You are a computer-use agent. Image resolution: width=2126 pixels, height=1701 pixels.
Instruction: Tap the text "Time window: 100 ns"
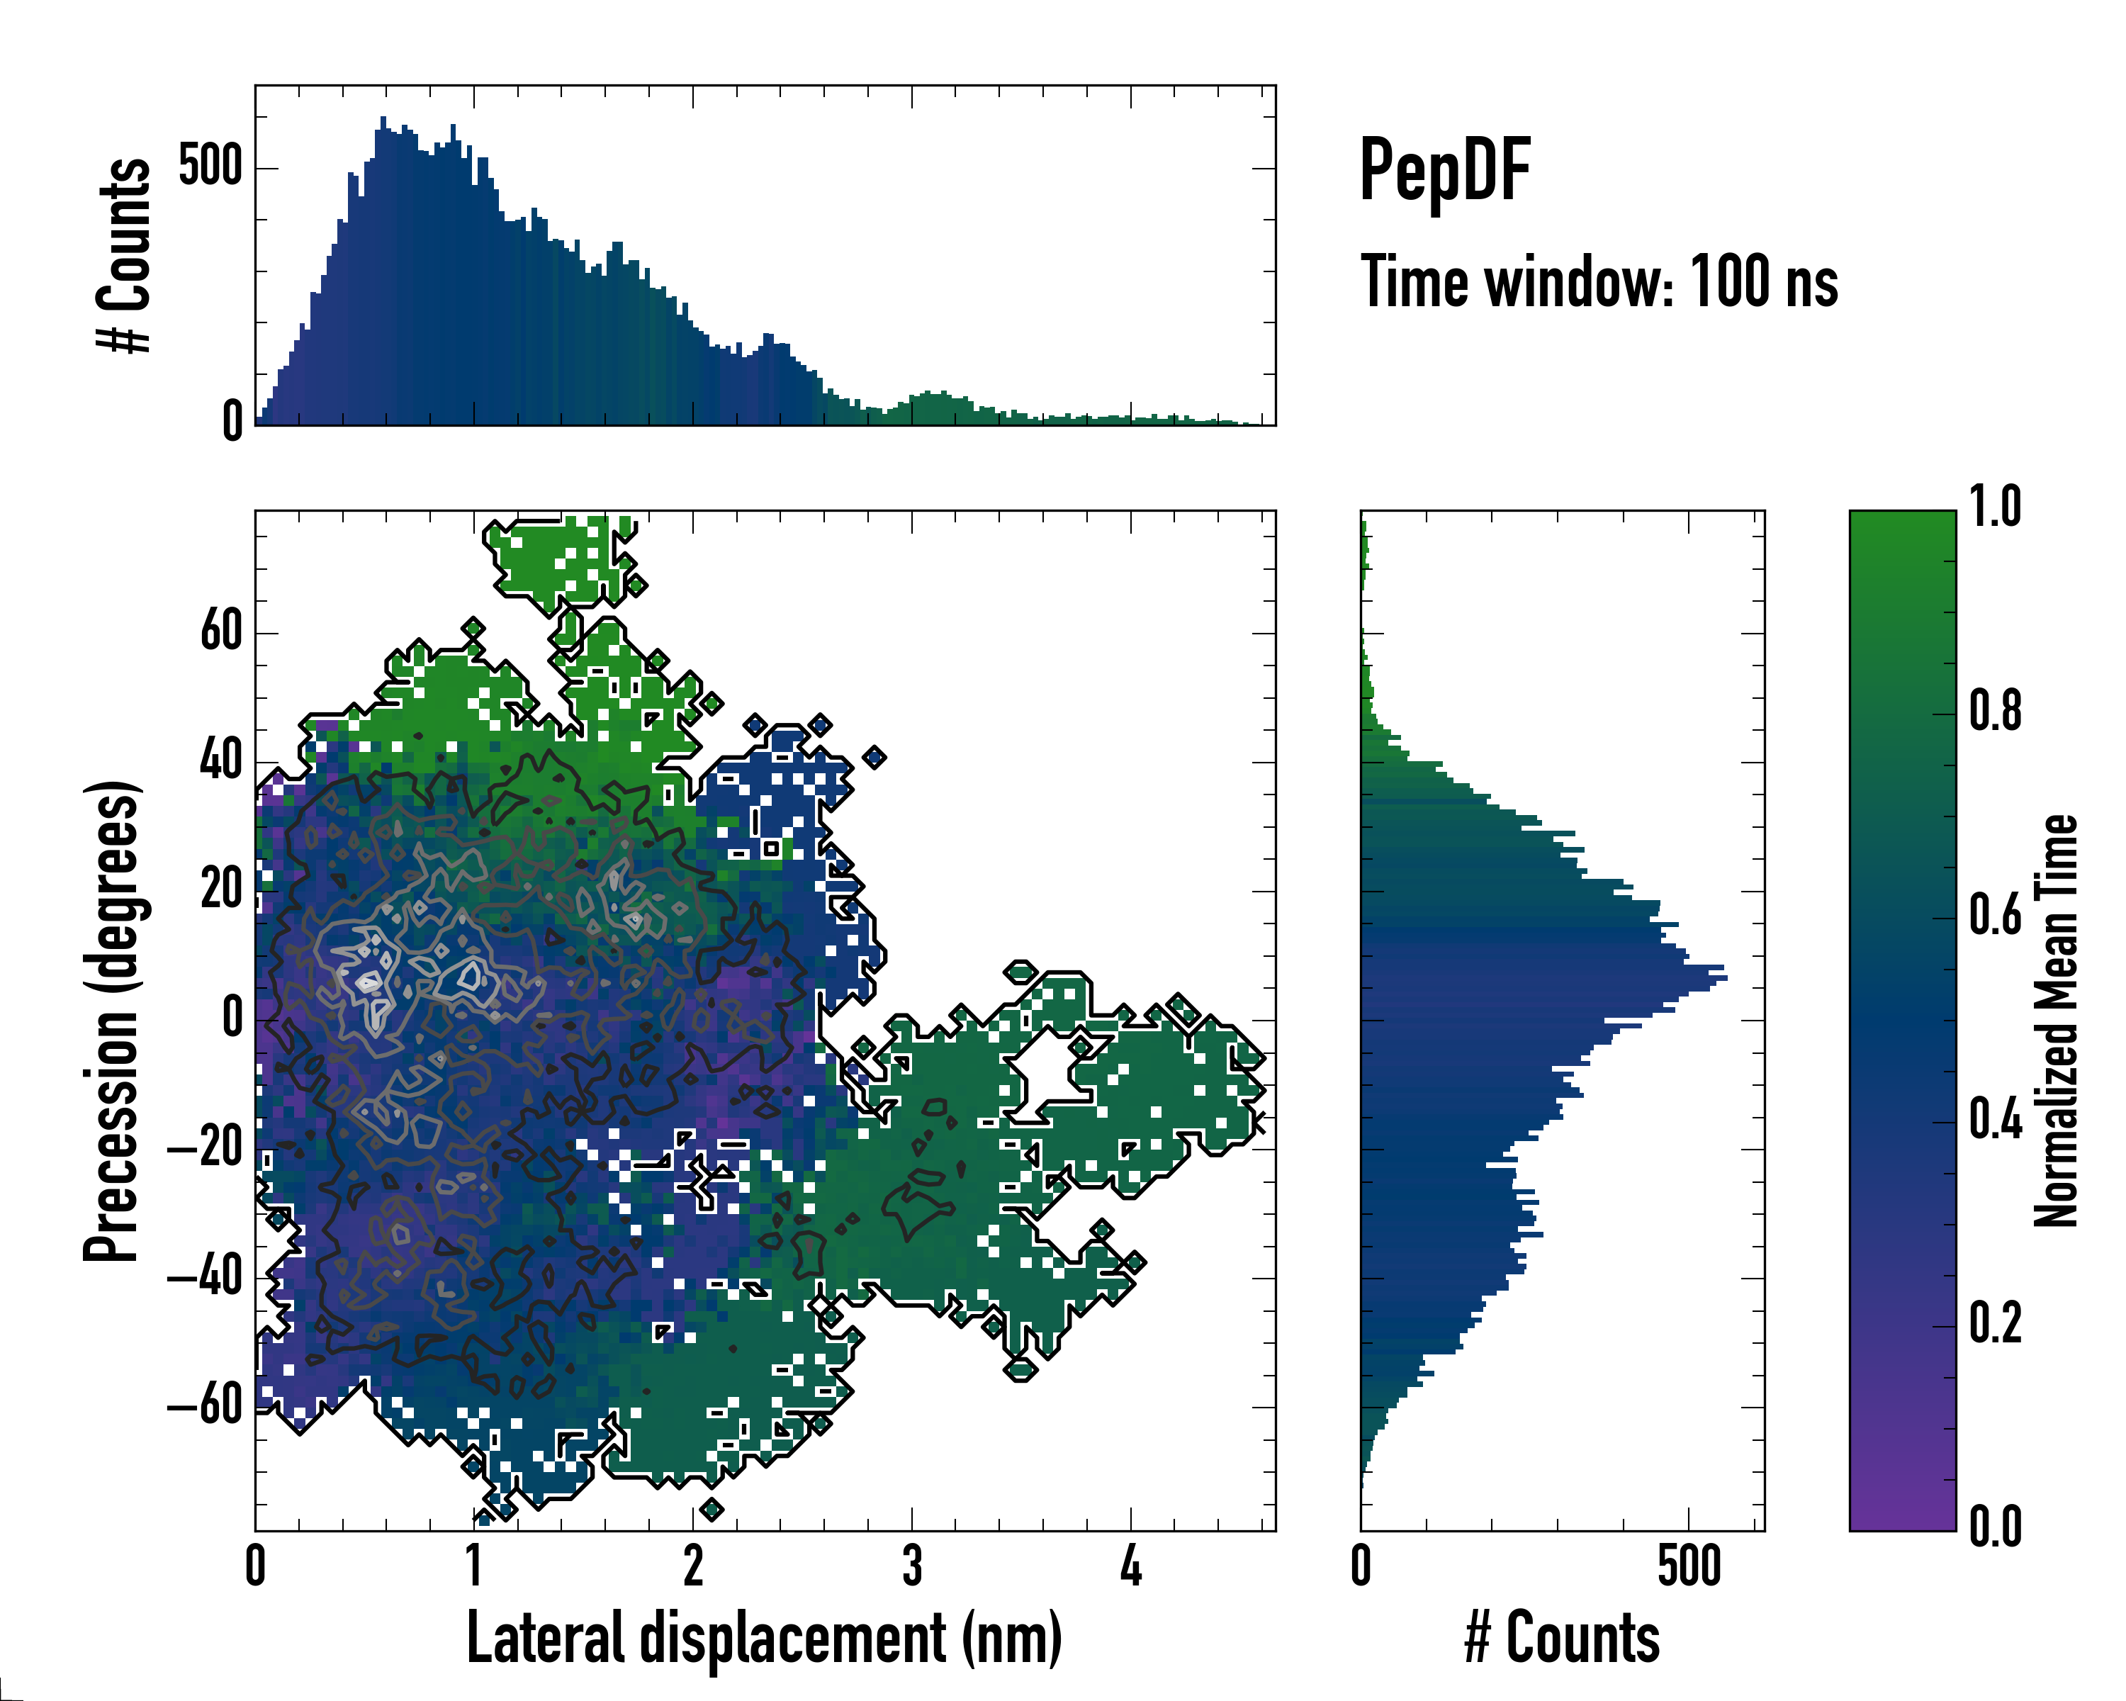[x=1599, y=282]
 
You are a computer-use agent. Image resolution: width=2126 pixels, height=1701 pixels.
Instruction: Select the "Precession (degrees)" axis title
[x=111, y=1021]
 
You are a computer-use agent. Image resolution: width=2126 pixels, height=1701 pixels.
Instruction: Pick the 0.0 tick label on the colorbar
[x=1995, y=1527]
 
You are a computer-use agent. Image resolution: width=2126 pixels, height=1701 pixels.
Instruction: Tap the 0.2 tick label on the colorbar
[x=1995, y=1323]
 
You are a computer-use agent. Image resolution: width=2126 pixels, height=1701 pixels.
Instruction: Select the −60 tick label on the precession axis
[x=204, y=1405]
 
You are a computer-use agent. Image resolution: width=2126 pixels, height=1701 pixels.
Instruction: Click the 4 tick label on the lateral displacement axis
[x=1131, y=1566]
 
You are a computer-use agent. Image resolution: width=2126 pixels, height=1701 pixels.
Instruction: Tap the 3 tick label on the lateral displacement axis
[x=912, y=1566]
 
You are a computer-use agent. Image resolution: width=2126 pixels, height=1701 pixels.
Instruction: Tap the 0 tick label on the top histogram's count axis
[x=232, y=422]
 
